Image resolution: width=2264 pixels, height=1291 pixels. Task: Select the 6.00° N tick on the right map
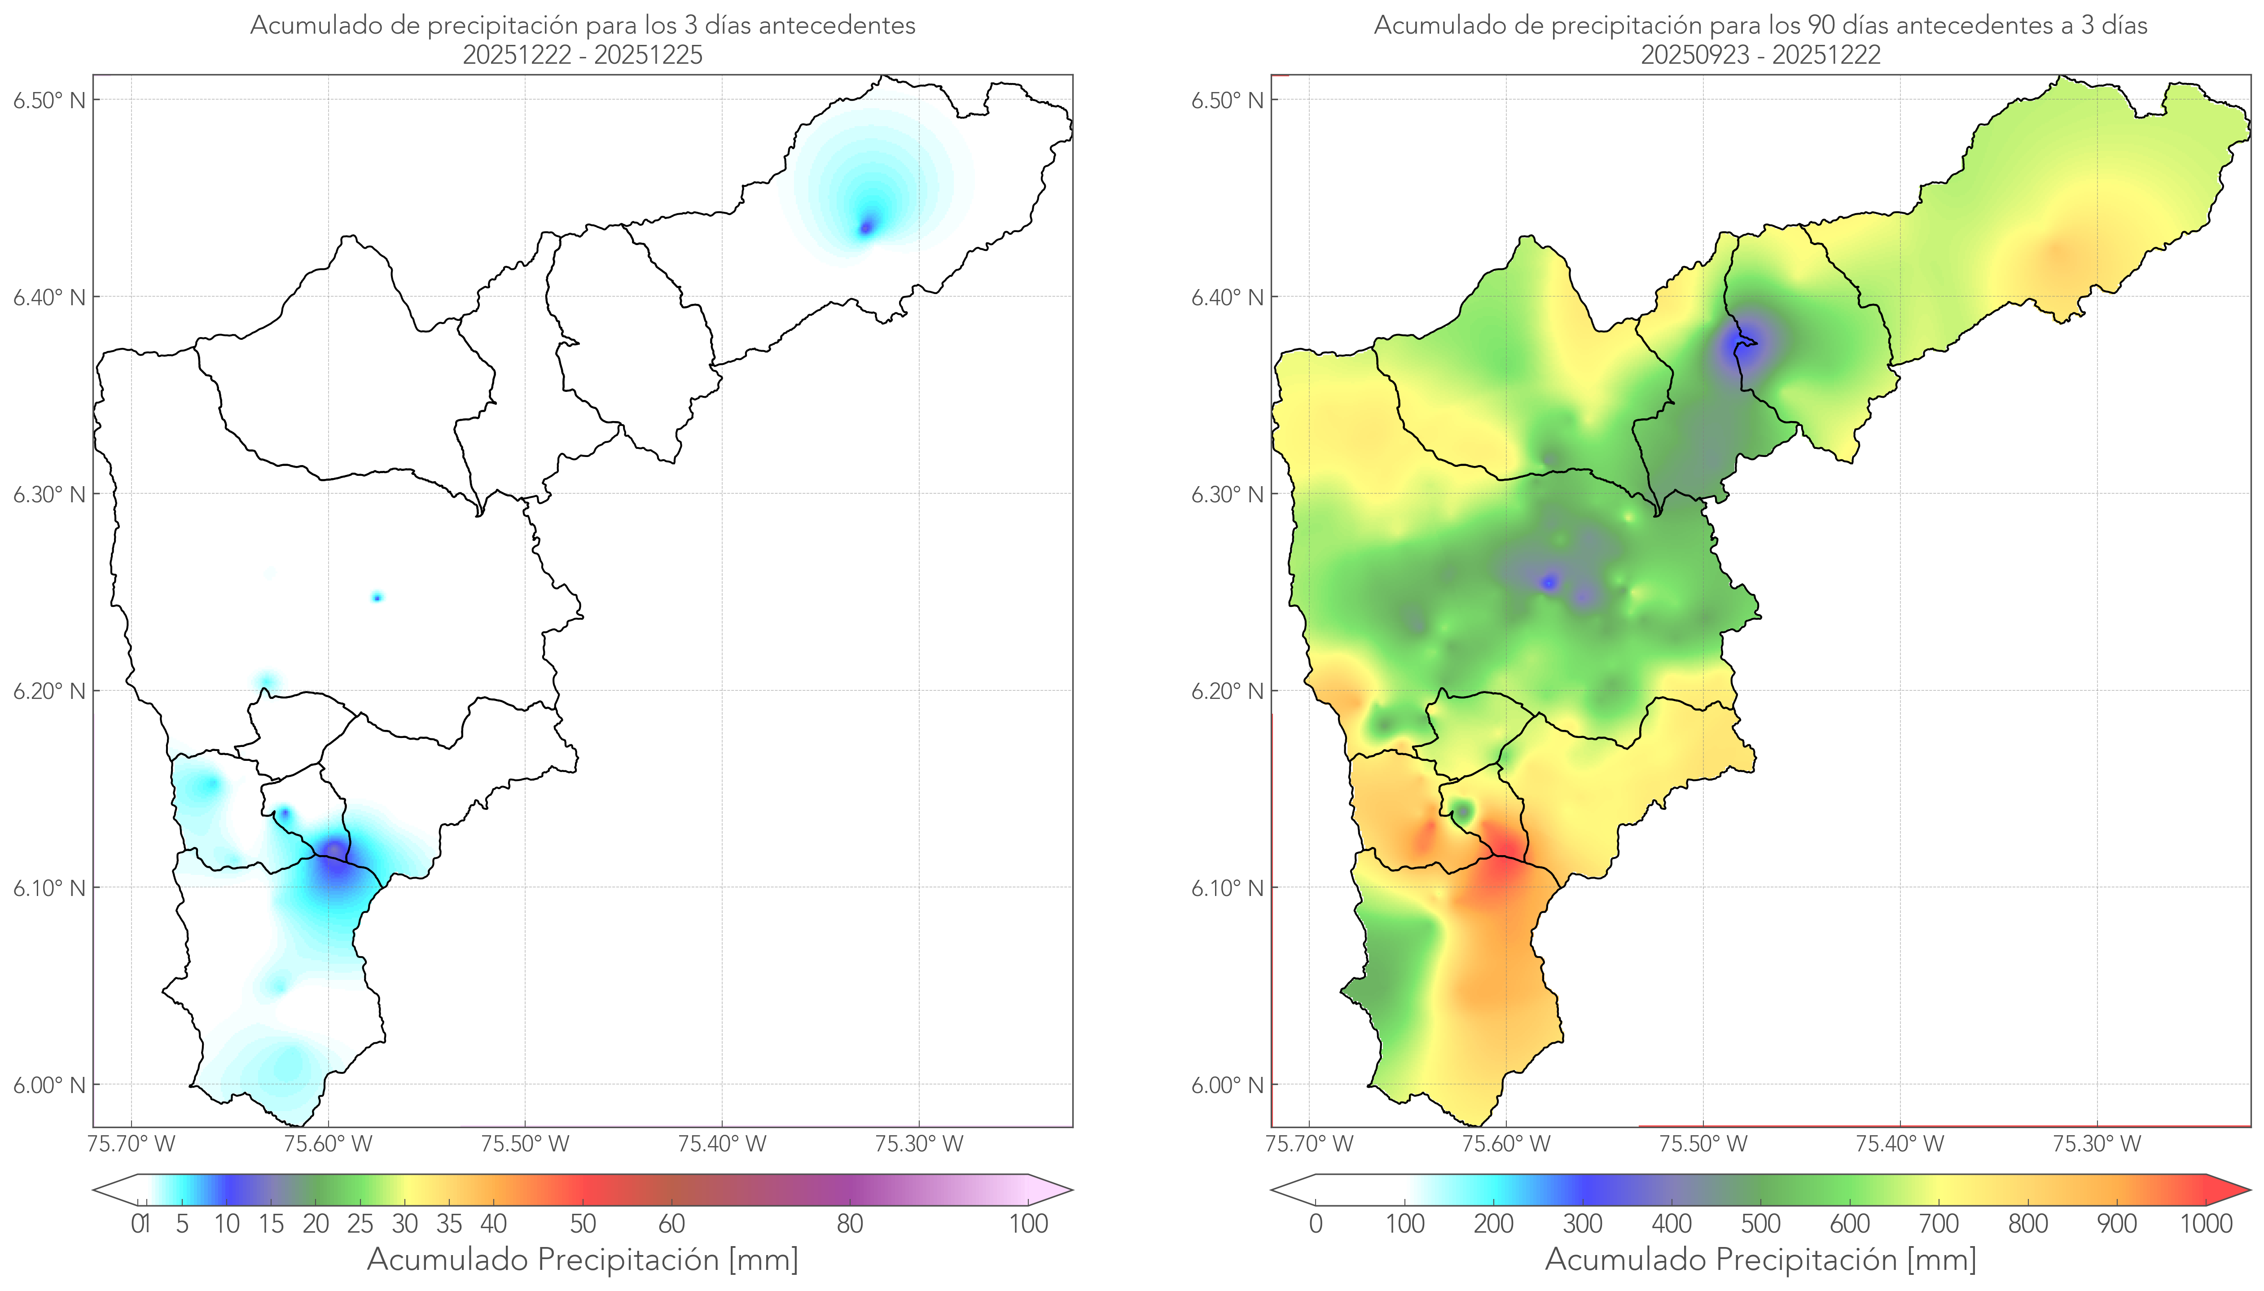coord(1227,1085)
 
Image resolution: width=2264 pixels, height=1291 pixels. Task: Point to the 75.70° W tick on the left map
coord(131,1144)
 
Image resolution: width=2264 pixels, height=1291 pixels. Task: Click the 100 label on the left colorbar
coord(1028,1224)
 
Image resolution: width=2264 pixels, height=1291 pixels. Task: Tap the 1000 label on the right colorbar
coord(2206,1224)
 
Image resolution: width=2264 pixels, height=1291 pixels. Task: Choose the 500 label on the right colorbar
coord(1760,1224)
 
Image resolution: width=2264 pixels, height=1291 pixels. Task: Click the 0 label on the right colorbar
coord(1316,1224)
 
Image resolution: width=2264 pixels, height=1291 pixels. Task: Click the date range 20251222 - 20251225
coord(583,55)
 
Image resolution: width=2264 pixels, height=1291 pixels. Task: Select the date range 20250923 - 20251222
coord(1760,55)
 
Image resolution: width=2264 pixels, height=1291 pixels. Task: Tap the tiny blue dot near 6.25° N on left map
coord(377,597)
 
